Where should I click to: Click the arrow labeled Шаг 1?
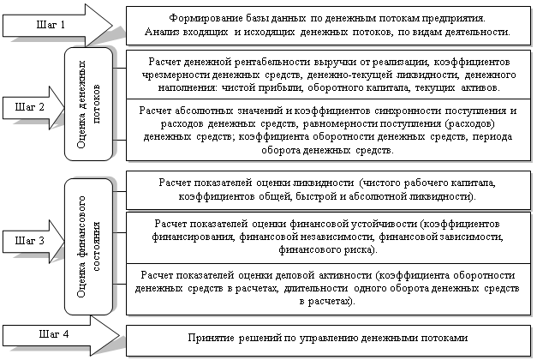click(x=57, y=25)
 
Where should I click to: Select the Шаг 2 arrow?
click(x=33, y=108)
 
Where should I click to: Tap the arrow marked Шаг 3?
click(x=33, y=242)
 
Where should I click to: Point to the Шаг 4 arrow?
click(x=61, y=335)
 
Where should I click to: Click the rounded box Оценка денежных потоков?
click(x=89, y=105)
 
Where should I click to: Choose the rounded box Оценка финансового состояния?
click(x=89, y=247)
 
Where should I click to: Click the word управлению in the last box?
click(x=329, y=338)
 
